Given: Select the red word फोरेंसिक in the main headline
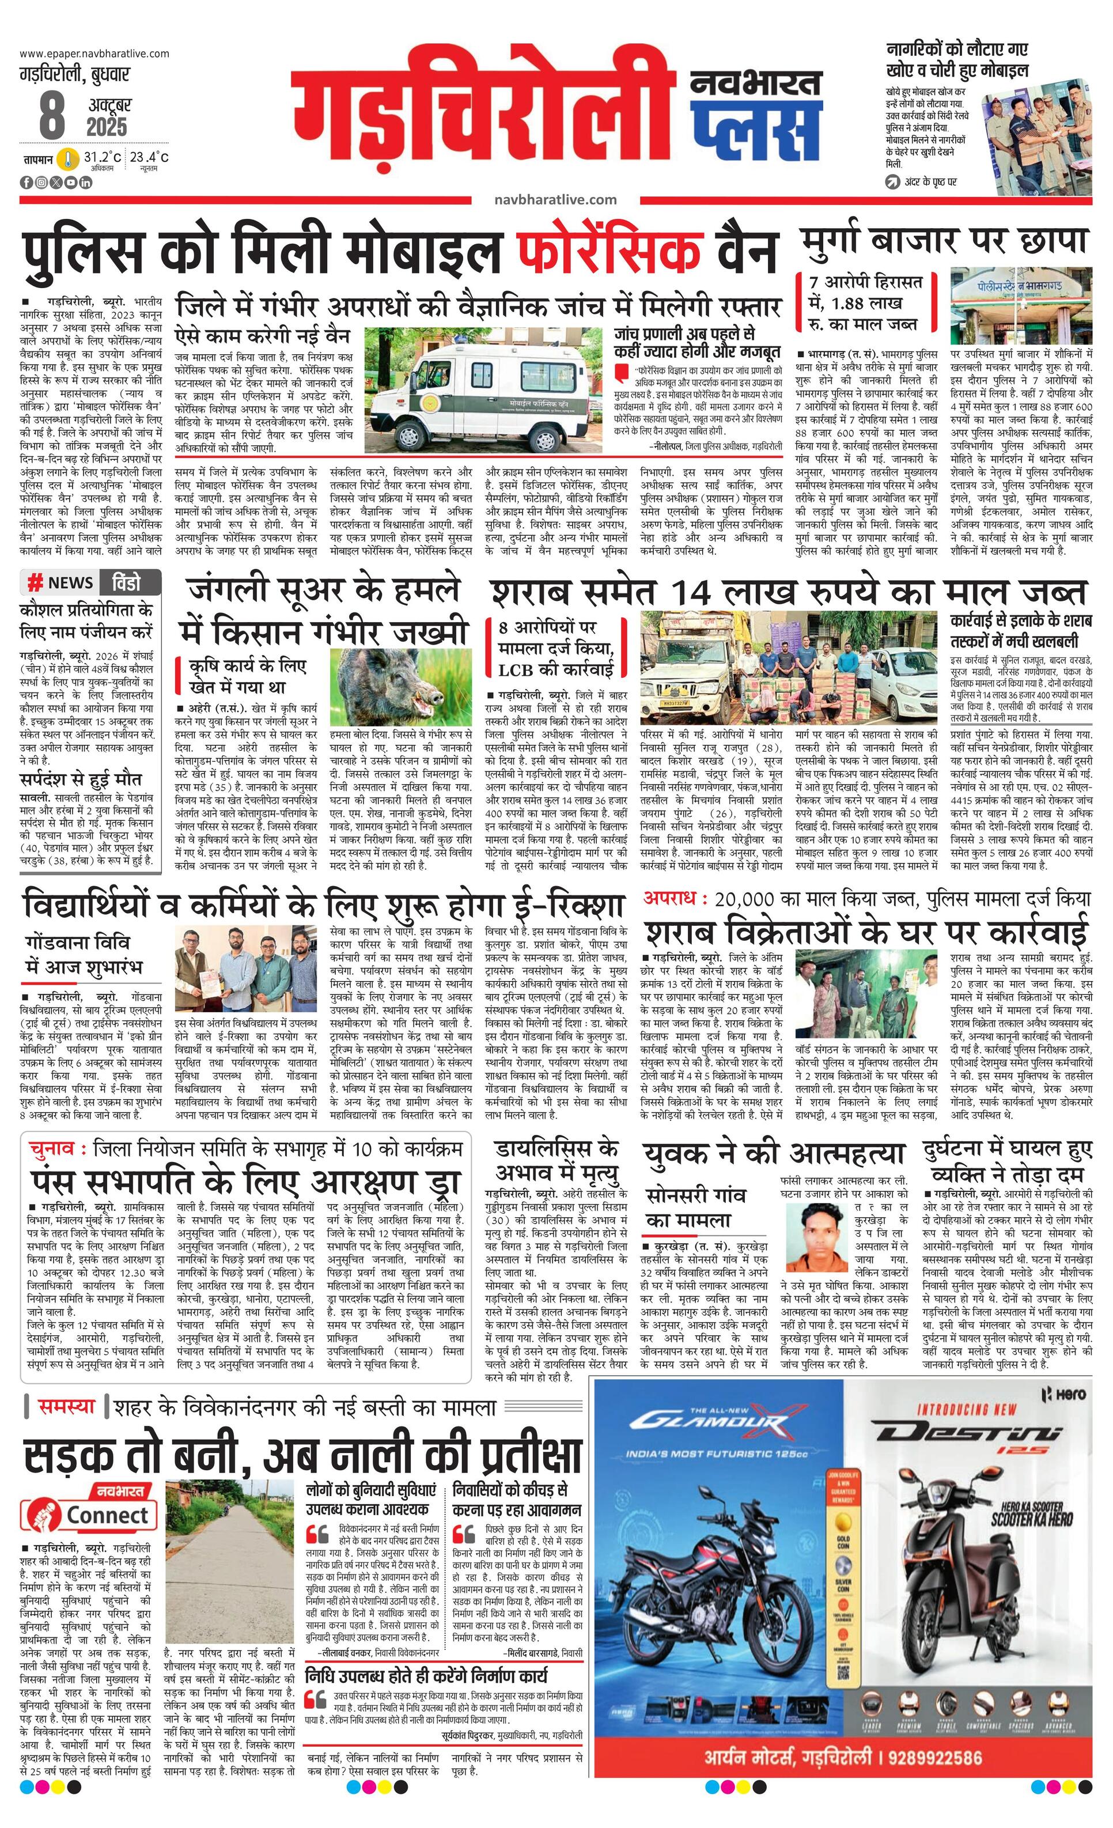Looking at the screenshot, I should (610, 251).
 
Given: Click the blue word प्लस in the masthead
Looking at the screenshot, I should (756, 122).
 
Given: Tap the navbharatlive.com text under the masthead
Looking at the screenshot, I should (555, 199).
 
